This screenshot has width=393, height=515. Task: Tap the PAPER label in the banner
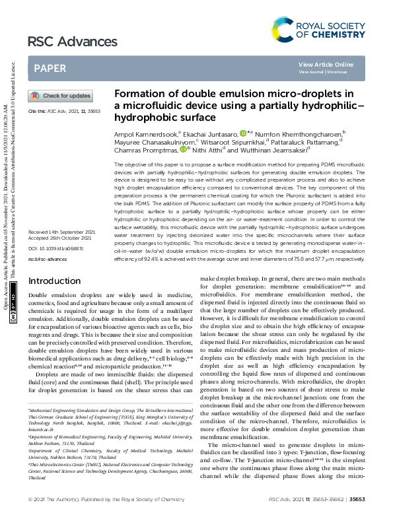50,68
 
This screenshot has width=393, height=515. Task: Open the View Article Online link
326,64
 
